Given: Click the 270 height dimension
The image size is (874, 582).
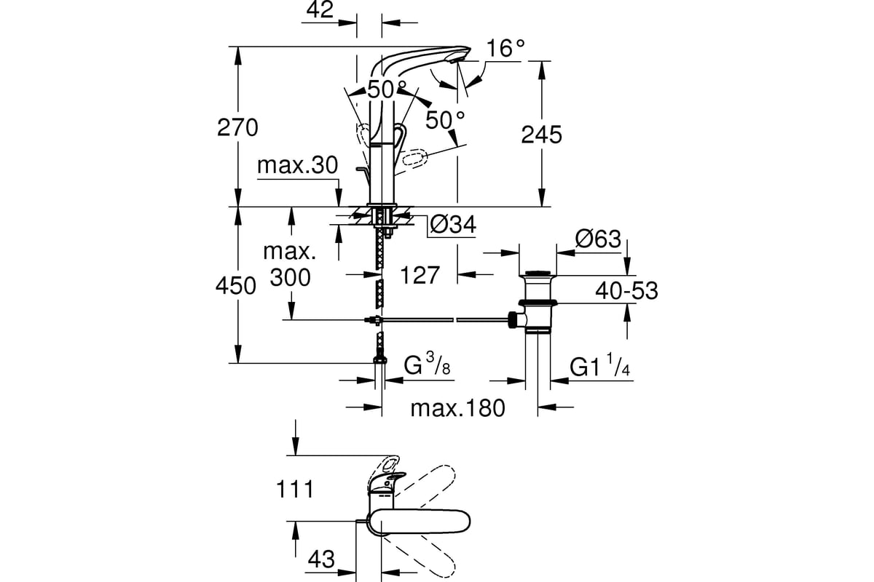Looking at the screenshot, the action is coord(237,127).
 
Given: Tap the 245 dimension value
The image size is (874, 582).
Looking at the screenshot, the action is coord(542,135).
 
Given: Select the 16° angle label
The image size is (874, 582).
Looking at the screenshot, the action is coord(505,48).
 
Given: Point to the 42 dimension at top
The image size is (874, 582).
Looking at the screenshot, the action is coord(320,9).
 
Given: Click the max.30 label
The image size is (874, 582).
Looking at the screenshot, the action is coord(297,165).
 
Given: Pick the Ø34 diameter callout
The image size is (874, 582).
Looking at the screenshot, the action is coord(453,225).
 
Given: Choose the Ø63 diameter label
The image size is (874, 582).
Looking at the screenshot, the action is coord(598,239).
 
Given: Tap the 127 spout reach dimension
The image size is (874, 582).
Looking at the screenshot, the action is coord(420,275).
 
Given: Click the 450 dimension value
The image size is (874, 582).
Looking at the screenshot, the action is coord(236,286).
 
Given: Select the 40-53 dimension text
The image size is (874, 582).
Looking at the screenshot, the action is coord(626,291).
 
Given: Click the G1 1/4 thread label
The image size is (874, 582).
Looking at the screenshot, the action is coord(599,365).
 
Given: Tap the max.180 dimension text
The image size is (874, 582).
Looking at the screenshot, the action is coord(457,409).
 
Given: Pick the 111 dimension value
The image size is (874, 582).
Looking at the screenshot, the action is coord(294,490).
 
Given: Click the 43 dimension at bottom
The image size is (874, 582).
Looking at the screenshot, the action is coord(321,559).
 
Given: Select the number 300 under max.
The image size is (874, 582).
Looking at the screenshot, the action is coord(291,278).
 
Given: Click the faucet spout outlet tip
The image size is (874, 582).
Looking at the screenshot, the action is coord(455,61).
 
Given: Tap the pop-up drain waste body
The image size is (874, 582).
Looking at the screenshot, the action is coord(538,303).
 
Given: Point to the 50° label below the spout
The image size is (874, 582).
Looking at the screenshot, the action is coord(445,120).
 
